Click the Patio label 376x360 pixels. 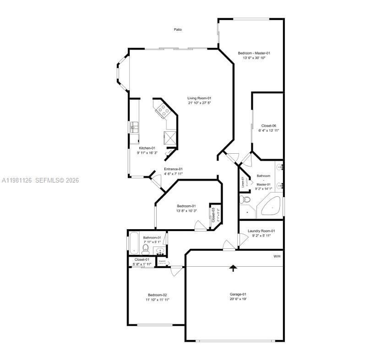pyautogui.click(x=178, y=30)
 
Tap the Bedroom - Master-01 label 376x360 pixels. pyautogui.click(x=254, y=53)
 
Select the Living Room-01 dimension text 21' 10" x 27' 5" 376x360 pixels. pyautogui.click(x=199, y=103)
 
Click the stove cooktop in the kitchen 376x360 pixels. pyautogui.click(x=163, y=110)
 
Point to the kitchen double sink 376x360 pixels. pyautogui.click(x=134, y=127)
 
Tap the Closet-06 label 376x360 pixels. pyautogui.click(x=268, y=125)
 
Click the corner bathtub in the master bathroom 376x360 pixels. pyautogui.click(x=271, y=206)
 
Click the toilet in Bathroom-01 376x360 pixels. pyautogui.click(x=146, y=249)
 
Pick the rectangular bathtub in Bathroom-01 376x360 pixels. pyautogui.click(x=134, y=243)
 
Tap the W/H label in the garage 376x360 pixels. pyautogui.click(x=277, y=256)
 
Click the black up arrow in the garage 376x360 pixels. pyautogui.click(x=234, y=268)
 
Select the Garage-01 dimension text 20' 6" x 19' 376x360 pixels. pyautogui.click(x=238, y=299)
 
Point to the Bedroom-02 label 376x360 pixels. pyautogui.click(x=157, y=295)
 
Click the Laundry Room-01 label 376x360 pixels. pyautogui.click(x=261, y=231)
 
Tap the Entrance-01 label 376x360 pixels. pyautogui.click(x=173, y=169)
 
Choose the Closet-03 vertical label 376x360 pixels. pyautogui.click(x=213, y=215)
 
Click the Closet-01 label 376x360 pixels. pyautogui.click(x=142, y=259)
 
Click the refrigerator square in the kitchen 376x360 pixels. pyautogui.click(x=170, y=137)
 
